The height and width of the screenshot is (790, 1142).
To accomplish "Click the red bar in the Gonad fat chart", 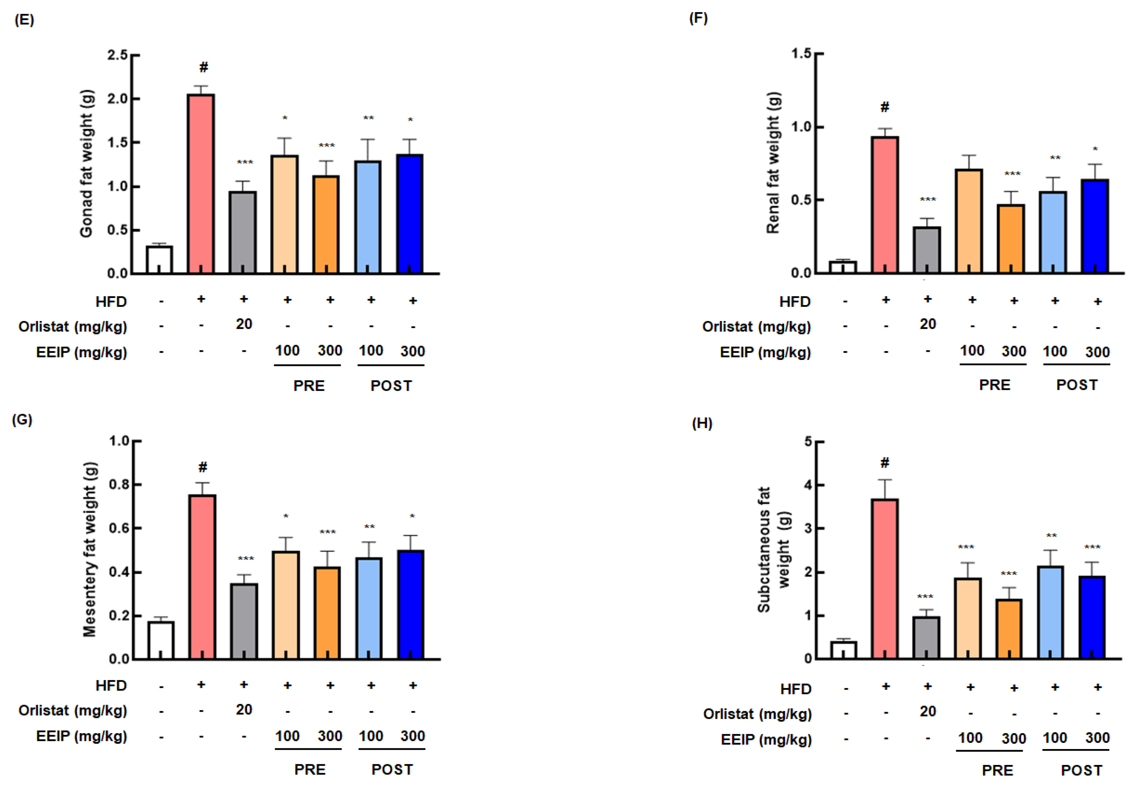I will [x=201, y=183].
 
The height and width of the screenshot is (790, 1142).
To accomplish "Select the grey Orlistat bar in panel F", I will [x=926, y=250].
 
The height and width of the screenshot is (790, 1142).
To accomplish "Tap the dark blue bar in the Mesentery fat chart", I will [x=411, y=604].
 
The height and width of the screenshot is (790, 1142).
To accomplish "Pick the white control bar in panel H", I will [x=843, y=650].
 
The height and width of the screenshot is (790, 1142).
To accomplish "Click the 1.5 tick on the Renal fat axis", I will [x=801, y=54].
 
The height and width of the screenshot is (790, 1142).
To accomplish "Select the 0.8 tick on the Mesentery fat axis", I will [x=119, y=484].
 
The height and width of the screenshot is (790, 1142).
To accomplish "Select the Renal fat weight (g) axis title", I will [x=773, y=162].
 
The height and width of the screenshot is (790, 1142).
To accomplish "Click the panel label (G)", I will [x=22, y=420].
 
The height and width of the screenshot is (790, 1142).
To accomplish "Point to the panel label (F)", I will [x=698, y=18].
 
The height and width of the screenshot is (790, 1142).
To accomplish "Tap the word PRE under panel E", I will [x=309, y=386].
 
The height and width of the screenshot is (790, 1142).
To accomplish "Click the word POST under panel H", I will [x=1081, y=770].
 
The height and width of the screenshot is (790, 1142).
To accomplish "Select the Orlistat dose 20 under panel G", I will [x=244, y=710].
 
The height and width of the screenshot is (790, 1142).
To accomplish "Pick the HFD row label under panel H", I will [x=796, y=689].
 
